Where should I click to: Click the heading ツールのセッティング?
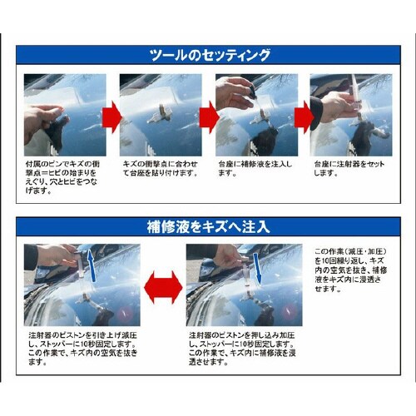tap(209, 57)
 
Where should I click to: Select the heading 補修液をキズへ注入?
tap(209, 226)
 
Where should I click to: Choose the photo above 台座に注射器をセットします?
tap(351, 115)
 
